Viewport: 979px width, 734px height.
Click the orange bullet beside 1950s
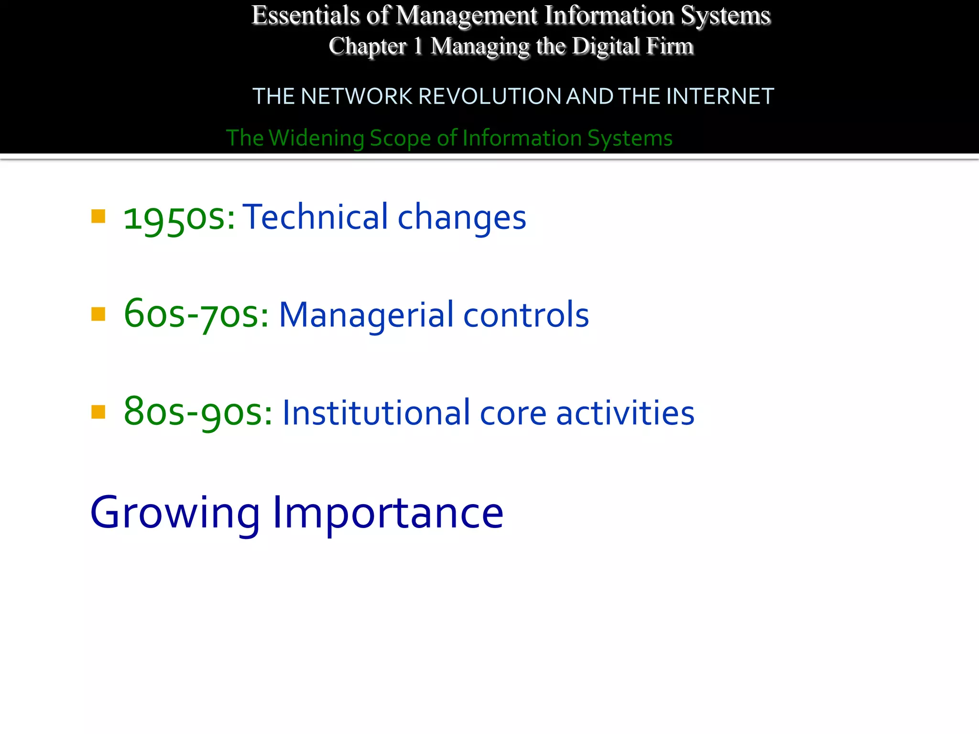point(98,216)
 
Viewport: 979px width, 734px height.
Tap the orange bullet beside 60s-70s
point(98,314)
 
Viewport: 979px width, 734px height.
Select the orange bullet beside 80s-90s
point(98,411)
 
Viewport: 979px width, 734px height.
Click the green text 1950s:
point(179,218)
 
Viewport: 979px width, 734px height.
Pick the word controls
point(526,315)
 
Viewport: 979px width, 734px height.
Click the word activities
point(625,412)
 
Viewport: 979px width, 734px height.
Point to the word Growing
point(175,513)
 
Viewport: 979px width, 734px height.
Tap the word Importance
point(388,513)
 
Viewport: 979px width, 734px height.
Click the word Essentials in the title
point(305,15)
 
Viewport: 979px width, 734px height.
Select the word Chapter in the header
point(367,46)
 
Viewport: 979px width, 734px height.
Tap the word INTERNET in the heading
point(720,97)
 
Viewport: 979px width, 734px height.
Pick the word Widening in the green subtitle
point(316,138)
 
